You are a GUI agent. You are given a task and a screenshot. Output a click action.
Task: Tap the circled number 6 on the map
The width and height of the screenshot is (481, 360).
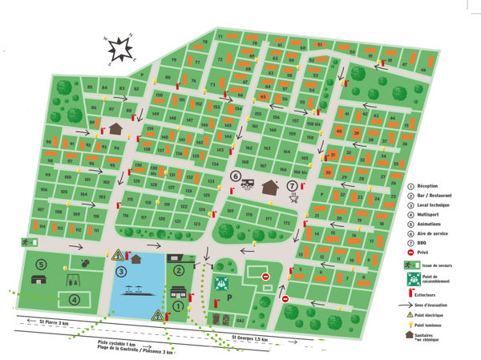click(236, 176)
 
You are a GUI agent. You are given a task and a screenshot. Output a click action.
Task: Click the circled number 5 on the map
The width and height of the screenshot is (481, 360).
click(40, 264)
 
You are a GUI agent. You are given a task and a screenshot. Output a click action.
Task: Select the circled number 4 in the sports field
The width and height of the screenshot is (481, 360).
click(74, 300)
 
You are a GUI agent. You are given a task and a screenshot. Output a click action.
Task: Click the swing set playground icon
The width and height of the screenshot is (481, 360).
click(73, 281)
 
